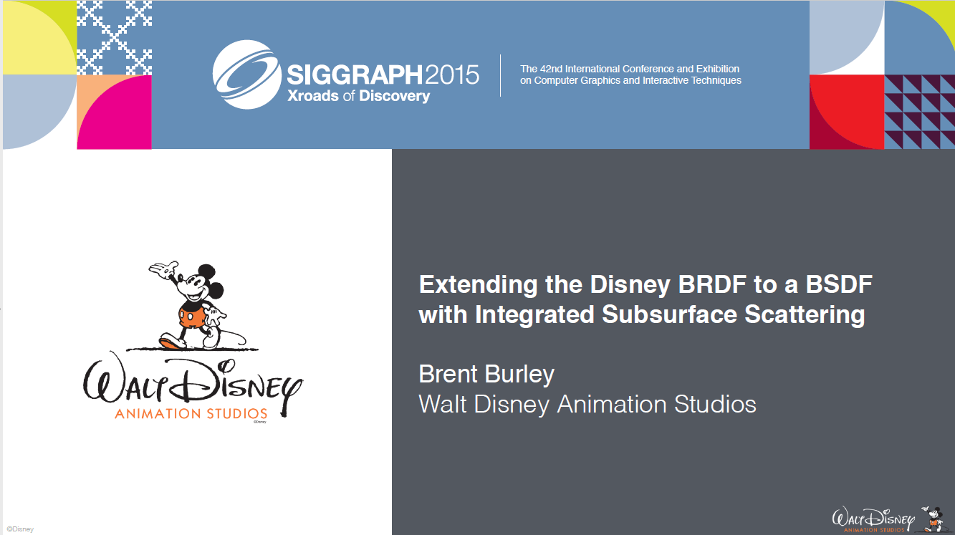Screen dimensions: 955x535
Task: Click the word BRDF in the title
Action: tap(712, 284)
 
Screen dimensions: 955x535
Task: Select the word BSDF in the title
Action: tap(839, 284)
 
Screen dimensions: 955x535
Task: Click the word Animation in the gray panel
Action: tap(612, 404)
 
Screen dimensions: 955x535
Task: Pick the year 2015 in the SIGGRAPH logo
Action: tap(452, 74)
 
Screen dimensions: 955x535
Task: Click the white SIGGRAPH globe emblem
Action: tap(246, 74)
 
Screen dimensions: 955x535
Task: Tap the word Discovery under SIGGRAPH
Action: tap(394, 97)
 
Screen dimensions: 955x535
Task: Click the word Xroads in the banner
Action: tap(313, 95)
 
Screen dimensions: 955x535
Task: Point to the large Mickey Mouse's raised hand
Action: tap(164, 269)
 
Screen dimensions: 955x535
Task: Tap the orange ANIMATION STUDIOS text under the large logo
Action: tap(191, 413)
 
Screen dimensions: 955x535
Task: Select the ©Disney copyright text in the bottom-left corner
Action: tap(20, 529)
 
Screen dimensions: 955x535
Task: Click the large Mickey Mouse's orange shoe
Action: tap(171, 343)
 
